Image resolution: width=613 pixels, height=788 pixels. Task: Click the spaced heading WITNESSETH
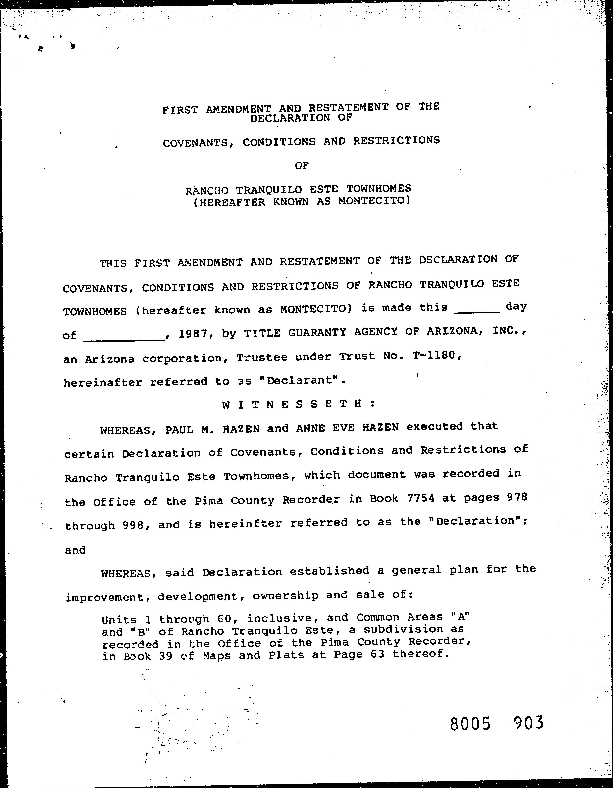point(299,404)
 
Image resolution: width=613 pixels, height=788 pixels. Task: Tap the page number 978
point(517,497)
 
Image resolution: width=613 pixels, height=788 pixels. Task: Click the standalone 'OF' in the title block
point(302,166)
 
